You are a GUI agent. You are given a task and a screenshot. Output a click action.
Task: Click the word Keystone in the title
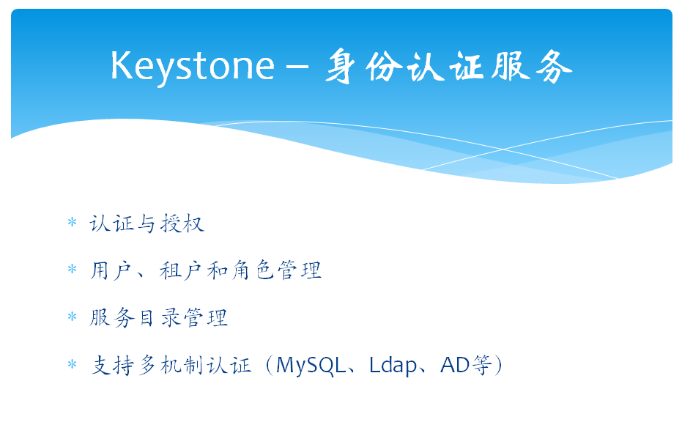click(x=192, y=66)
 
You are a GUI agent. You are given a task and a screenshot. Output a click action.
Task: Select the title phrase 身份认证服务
click(x=448, y=66)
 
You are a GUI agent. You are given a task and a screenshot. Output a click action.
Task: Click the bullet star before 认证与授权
click(x=73, y=223)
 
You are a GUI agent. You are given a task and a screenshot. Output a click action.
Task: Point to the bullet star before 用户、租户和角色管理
click(x=73, y=269)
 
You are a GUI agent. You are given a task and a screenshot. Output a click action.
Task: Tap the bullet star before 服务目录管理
click(x=73, y=316)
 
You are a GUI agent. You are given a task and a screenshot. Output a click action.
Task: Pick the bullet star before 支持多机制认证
click(x=73, y=363)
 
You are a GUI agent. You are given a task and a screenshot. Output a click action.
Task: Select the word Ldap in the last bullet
click(x=393, y=366)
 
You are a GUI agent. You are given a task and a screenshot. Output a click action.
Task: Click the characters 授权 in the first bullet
click(x=182, y=223)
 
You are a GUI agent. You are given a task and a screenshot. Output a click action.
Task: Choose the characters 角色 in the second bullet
click(x=253, y=270)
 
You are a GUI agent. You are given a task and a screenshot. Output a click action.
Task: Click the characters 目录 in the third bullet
click(x=159, y=317)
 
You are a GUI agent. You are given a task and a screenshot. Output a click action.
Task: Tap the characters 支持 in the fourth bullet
click(x=112, y=365)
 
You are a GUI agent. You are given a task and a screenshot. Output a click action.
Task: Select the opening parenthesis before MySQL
click(x=269, y=365)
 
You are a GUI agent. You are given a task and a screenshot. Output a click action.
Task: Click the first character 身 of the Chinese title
click(x=340, y=66)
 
